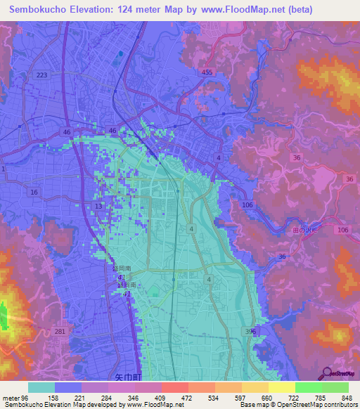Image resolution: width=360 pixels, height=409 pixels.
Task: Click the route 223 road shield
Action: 41,75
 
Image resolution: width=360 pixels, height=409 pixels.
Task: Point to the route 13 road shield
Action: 98,205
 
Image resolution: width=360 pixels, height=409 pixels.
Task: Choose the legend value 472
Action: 186,397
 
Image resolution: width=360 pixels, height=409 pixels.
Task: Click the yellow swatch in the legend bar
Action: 282,387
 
